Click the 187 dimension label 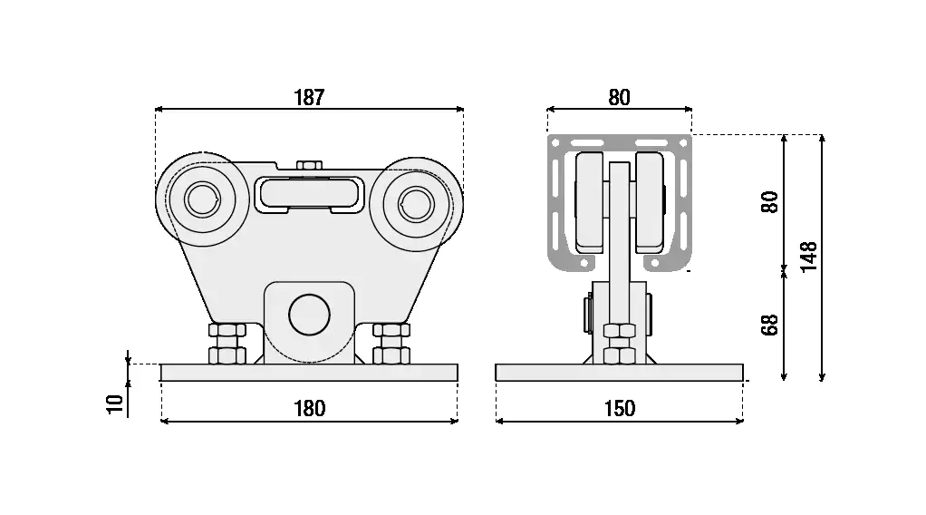(x=309, y=98)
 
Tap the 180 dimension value (x=309, y=408)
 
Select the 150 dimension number (x=619, y=408)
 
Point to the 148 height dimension (x=809, y=257)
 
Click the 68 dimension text (x=770, y=324)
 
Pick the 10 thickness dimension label (x=114, y=403)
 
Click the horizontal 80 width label (x=619, y=98)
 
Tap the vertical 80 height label (x=770, y=201)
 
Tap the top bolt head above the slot (x=309, y=165)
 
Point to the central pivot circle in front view (x=309, y=314)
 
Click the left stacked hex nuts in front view (x=227, y=343)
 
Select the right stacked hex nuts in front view (x=391, y=343)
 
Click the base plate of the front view (x=309, y=372)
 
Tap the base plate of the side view (x=619, y=372)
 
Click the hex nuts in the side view (x=619, y=343)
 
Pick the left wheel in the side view (x=591, y=201)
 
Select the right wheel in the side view (x=650, y=201)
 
